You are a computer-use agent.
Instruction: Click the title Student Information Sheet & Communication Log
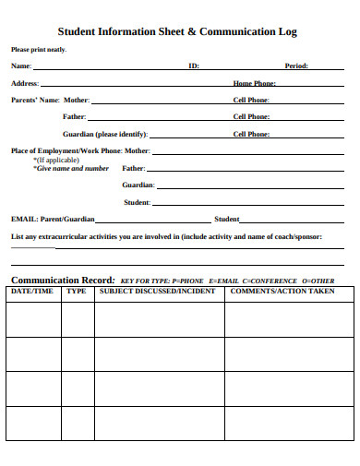click(x=177, y=31)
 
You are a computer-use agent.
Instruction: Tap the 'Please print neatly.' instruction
click(x=38, y=50)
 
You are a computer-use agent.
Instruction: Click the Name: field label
click(x=20, y=66)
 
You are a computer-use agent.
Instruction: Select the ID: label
click(x=194, y=66)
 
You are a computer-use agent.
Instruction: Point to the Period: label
click(x=296, y=66)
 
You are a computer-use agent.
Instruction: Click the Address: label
click(x=25, y=83)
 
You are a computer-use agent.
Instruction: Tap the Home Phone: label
click(x=255, y=83)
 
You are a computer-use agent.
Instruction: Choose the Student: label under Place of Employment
click(x=137, y=202)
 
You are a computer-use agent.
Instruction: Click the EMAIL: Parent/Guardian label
click(x=53, y=220)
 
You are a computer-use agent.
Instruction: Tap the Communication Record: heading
click(x=62, y=280)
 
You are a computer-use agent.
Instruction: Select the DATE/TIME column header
click(x=32, y=292)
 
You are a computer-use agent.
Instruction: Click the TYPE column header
click(x=77, y=292)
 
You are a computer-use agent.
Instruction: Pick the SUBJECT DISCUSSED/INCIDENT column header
click(x=157, y=292)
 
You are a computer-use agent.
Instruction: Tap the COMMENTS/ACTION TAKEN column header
click(x=282, y=292)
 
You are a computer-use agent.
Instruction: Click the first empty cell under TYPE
click(x=77, y=318)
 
